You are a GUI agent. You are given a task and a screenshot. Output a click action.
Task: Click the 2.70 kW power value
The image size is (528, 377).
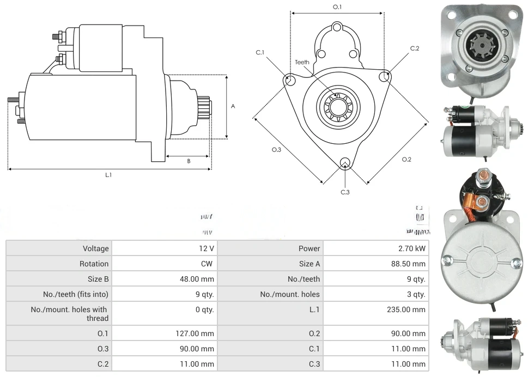click(x=412, y=248)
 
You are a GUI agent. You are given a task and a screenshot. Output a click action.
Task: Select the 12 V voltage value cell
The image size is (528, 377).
click(x=206, y=248)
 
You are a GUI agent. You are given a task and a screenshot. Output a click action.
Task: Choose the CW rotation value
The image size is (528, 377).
click(x=208, y=264)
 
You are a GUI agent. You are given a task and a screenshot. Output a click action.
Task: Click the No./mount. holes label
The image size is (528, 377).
click(x=290, y=294)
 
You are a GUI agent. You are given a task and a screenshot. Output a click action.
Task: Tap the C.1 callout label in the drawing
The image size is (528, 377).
click(x=260, y=52)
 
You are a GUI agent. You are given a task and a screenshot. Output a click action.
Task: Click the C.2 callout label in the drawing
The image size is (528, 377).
click(x=415, y=48)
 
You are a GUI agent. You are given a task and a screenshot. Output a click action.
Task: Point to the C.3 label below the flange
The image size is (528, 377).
click(x=345, y=192)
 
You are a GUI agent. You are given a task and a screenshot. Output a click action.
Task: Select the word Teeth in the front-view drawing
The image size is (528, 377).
click(x=302, y=62)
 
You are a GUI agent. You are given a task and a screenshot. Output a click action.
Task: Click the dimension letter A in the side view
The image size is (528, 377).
click(x=233, y=107)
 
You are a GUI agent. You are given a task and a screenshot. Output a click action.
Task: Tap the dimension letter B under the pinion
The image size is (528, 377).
click(x=189, y=161)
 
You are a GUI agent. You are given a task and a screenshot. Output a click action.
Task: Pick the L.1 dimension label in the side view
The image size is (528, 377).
click(x=108, y=175)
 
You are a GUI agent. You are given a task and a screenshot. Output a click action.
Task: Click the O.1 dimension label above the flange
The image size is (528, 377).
click(x=337, y=7)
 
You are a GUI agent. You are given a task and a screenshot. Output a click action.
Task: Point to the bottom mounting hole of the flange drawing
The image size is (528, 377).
click(x=344, y=163)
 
